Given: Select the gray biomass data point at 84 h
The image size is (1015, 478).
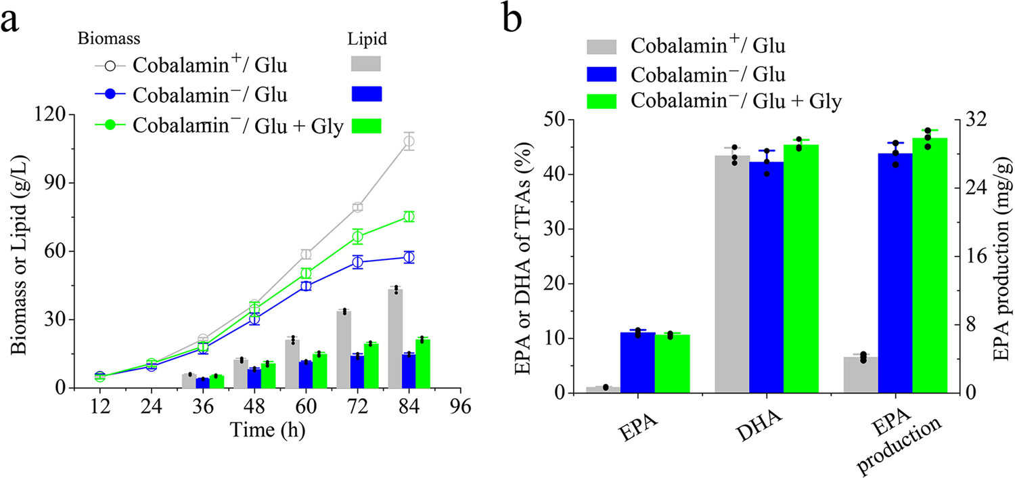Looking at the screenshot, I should click(409, 142).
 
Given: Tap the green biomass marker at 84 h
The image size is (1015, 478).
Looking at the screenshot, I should click(409, 217).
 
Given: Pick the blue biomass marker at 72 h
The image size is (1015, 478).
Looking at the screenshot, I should click(357, 262).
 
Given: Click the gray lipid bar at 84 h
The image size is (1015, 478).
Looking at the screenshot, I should click(396, 339).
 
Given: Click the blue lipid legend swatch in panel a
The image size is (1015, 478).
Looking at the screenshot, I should click(367, 94).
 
